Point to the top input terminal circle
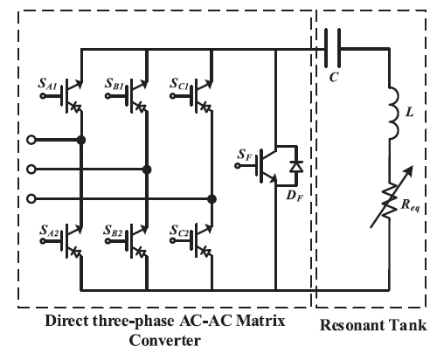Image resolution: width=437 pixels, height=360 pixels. click(32, 140)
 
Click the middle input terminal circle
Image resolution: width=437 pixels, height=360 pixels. click(32, 169)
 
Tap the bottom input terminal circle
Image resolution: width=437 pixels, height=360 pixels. click(32, 197)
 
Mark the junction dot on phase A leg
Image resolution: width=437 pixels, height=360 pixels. click(81, 140)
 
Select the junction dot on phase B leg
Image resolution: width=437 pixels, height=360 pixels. click(147, 169)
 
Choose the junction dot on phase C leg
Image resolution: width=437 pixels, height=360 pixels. click(212, 197)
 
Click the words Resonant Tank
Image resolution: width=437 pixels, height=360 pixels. click(374, 326)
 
